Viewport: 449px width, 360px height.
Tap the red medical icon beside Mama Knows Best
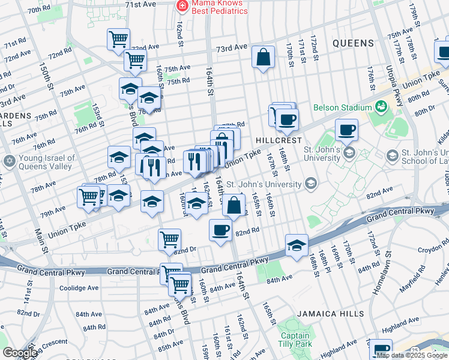[x=180, y=6]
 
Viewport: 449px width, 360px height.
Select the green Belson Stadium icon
[x=381, y=107]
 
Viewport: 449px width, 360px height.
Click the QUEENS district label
[x=353, y=43]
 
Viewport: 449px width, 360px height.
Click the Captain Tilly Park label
[x=295, y=340]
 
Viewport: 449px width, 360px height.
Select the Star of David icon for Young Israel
[x=9, y=161]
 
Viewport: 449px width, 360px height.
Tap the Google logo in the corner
[x=20, y=352]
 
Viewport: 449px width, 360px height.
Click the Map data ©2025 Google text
[x=412, y=356]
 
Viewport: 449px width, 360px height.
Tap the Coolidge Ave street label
[x=78, y=288]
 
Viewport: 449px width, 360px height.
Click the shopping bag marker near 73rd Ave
[x=263, y=58]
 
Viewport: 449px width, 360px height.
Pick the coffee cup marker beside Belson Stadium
[x=346, y=129]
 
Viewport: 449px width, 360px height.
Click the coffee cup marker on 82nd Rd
[x=220, y=230]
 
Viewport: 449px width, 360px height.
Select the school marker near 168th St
[x=296, y=245]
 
